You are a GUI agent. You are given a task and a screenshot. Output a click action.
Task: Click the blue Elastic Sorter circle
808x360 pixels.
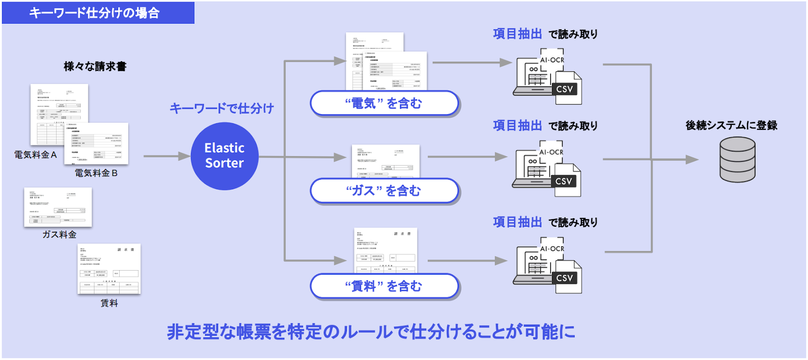pos(225,156)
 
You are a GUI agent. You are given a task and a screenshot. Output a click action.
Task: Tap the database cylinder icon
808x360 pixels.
pos(737,160)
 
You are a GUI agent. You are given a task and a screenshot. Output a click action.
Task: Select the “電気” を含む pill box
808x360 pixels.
pos(384,104)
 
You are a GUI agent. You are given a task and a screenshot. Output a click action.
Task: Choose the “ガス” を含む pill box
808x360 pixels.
pos(384,191)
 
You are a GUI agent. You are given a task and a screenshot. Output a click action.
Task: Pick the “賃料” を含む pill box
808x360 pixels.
pos(384,286)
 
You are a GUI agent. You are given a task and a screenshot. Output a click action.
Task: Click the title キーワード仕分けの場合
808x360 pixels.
pos(94,13)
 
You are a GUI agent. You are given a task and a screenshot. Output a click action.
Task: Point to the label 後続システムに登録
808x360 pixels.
pos(731,125)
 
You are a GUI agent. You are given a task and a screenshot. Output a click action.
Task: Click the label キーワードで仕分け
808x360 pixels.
pos(222,108)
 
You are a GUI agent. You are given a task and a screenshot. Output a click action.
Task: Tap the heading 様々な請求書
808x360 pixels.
pos(95,66)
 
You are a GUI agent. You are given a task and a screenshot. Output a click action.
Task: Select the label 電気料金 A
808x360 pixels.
pos(35,155)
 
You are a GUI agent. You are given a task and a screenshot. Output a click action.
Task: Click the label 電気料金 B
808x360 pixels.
pos(96,173)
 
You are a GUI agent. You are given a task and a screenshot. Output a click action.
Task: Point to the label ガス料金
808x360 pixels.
pos(59,234)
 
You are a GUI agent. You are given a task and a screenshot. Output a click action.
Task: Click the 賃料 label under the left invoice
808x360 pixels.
pos(109,303)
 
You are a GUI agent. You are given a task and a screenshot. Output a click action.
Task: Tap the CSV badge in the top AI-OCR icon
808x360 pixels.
pos(565,89)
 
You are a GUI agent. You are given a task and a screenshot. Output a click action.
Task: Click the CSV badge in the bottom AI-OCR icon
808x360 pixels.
pos(565,278)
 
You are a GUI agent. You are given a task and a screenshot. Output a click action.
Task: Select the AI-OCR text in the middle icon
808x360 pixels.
pos(551,152)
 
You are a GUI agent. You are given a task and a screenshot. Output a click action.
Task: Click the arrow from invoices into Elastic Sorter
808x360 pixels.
pos(167,156)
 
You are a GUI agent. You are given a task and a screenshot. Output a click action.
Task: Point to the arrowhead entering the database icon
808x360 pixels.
pos(692,160)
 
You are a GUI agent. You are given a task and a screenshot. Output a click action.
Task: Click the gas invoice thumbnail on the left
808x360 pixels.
pos(58,207)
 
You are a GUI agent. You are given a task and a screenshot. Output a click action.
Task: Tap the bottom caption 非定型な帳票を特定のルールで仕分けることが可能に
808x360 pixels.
pos(371,332)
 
